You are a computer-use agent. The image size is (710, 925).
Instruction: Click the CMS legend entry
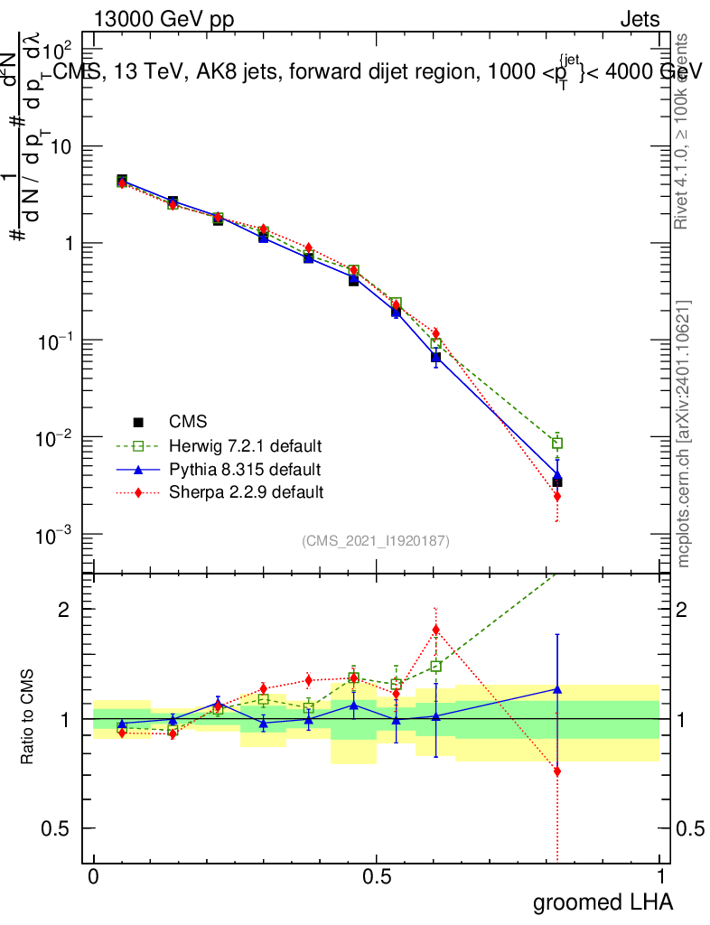(x=188, y=422)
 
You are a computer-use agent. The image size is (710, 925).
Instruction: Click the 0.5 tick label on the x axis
(x=377, y=877)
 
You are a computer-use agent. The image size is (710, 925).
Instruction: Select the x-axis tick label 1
(x=660, y=877)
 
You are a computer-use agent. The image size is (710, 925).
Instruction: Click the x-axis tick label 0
(x=93, y=877)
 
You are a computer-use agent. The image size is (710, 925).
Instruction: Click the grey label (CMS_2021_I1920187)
(x=376, y=540)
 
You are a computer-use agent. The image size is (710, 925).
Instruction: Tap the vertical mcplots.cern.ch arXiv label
(x=684, y=434)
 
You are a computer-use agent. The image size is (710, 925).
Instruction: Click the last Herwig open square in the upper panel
(x=558, y=443)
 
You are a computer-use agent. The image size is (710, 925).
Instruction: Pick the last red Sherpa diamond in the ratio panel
(x=558, y=771)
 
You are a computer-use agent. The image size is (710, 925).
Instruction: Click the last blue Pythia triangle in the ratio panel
(x=558, y=688)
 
